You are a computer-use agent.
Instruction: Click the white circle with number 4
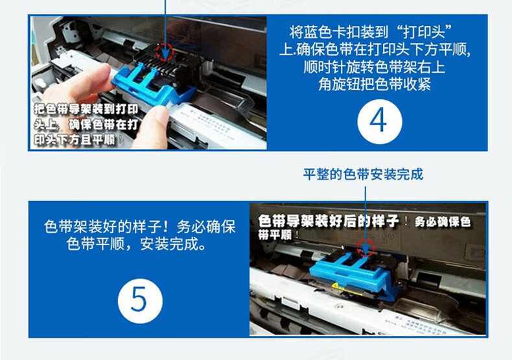(379, 121)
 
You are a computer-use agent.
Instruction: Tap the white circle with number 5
(140, 301)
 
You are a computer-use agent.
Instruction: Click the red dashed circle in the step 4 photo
(164, 52)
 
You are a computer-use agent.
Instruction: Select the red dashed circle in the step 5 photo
(366, 248)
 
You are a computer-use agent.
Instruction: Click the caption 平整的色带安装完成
(363, 174)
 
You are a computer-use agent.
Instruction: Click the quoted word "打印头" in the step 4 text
(424, 32)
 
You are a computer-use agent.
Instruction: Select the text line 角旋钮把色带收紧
(375, 84)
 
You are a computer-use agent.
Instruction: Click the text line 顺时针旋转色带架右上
(375, 67)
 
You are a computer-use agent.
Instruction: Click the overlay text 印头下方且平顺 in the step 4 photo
(75, 140)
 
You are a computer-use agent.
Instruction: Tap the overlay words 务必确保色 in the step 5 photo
(443, 222)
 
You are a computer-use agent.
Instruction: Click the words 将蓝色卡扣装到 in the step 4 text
(338, 32)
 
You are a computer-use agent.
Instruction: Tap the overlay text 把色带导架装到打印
(86, 109)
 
